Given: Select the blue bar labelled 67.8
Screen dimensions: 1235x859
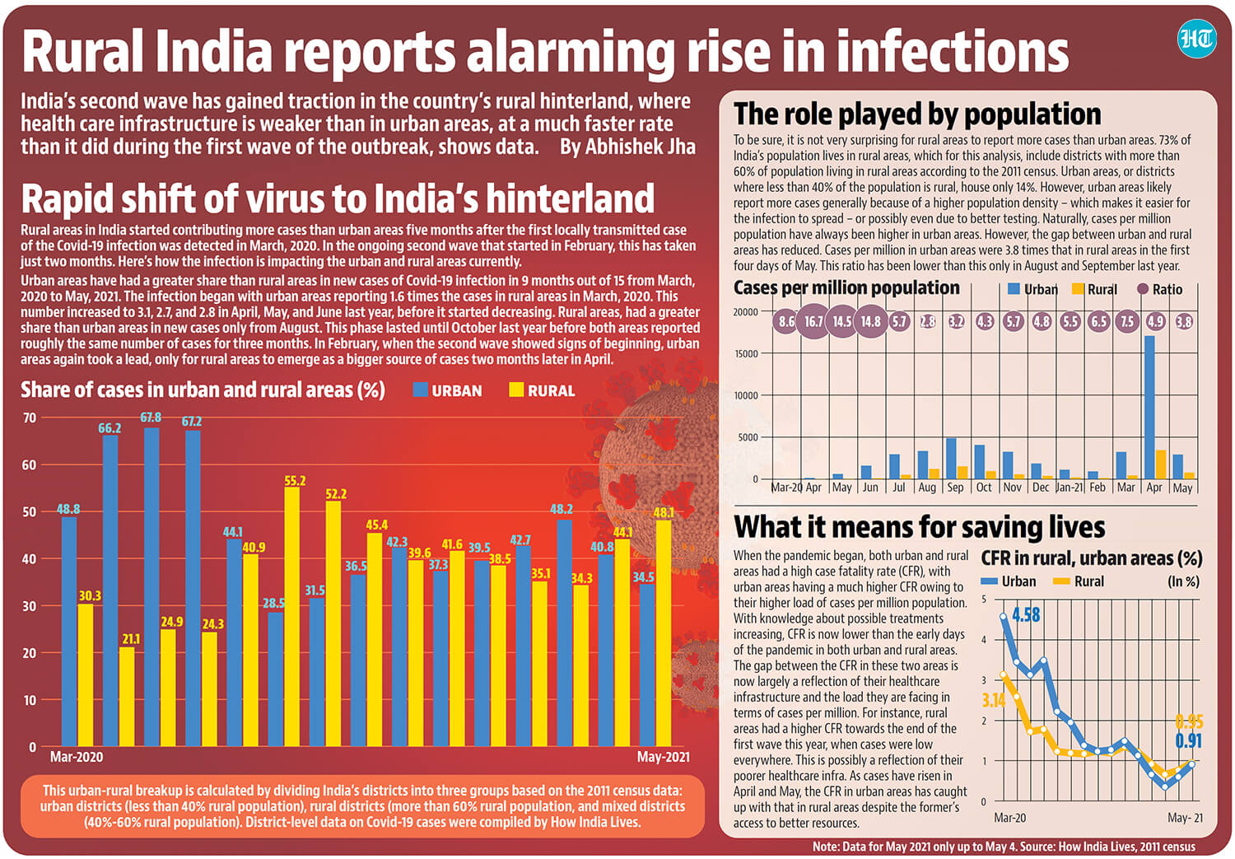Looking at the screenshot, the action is click(151, 586).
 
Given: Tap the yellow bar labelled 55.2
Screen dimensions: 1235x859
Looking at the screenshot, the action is click(291, 616).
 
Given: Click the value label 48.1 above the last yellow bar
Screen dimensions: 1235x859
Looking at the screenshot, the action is click(664, 512).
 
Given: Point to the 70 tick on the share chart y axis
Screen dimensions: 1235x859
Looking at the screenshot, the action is click(30, 418).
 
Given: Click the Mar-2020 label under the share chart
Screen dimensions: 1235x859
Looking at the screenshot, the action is click(77, 756).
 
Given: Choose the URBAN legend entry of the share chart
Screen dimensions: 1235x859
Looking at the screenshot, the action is click(447, 390).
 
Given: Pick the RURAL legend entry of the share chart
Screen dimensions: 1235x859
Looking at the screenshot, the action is click(542, 390).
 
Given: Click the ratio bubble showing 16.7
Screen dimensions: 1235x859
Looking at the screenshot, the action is click(813, 321).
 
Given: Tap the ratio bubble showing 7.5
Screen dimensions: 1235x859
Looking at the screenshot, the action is click(1127, 321).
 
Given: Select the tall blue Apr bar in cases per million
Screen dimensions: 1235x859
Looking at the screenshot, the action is click(1149, 407).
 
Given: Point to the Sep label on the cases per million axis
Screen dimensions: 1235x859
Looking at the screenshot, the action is click(955, 488).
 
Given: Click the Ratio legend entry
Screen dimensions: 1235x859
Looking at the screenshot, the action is click(1160, 289).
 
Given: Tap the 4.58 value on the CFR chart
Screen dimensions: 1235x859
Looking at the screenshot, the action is click(1026, 614).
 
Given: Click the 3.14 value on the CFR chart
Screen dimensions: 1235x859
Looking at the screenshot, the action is click(994, 700).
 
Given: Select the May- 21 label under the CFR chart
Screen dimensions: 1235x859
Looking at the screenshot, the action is click(1185, 818).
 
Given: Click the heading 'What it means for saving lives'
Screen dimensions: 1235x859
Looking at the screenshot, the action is click(919, 526).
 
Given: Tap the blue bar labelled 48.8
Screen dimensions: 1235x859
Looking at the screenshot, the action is click(69, 632).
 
